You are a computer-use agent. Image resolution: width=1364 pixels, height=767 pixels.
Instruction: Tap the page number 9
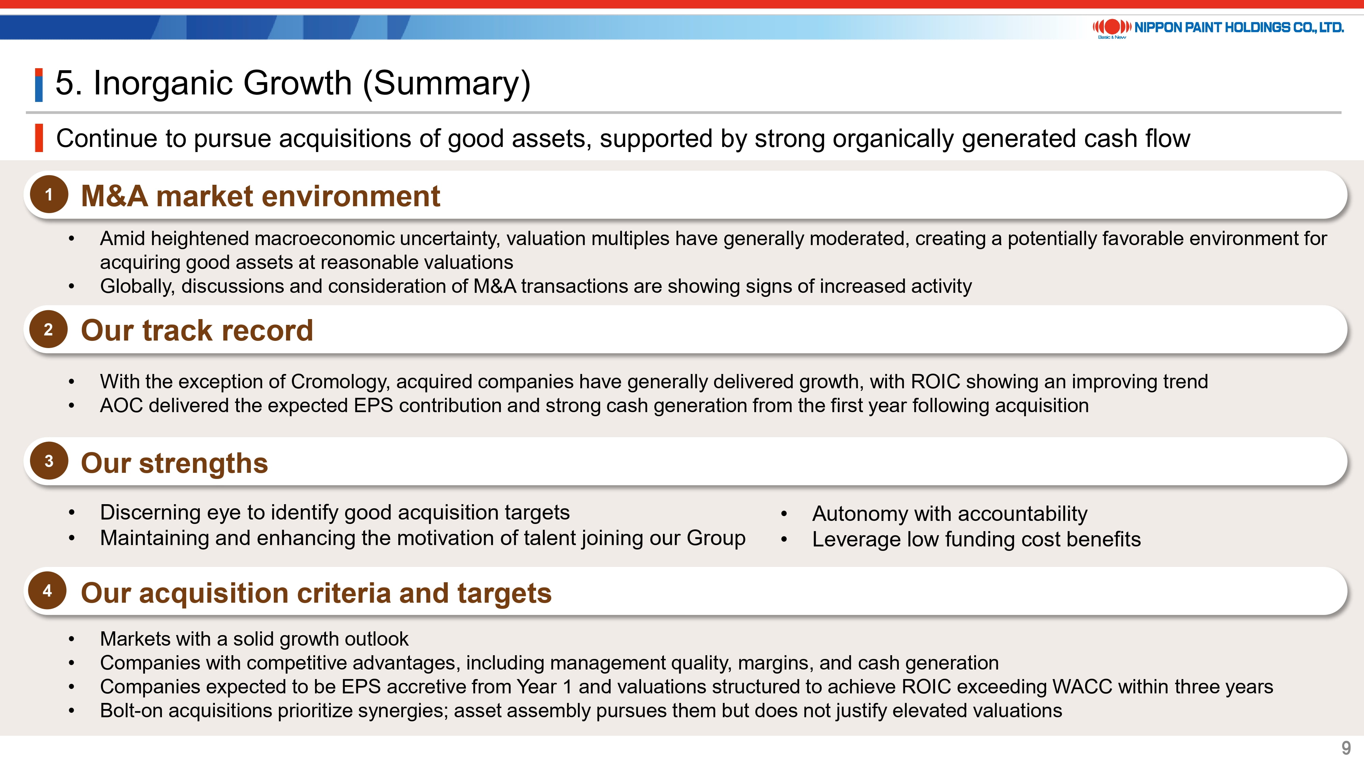(1346, 748)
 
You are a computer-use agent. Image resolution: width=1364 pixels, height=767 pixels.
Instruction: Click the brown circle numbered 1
(49, 194)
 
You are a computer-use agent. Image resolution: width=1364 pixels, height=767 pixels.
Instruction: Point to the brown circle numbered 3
(49, 461)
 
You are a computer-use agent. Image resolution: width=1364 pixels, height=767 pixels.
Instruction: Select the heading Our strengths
(174, 463)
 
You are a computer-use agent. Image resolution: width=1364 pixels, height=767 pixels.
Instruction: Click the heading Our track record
(197, 330)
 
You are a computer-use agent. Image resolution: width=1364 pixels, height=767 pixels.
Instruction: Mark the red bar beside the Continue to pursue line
(39, 138)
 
